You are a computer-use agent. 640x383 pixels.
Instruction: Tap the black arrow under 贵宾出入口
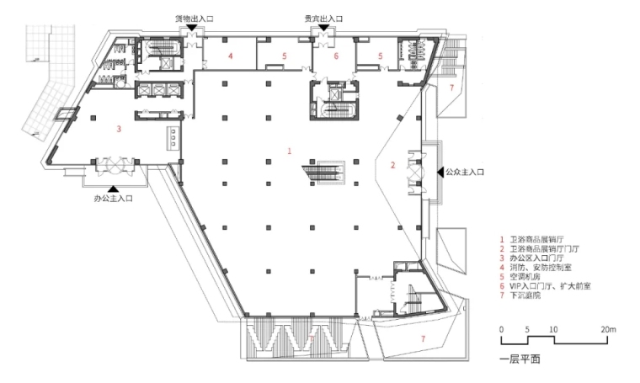click(324, 27)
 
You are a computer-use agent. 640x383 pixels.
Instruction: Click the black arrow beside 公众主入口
click(440, 172)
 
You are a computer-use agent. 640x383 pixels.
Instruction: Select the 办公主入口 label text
click(114, 199)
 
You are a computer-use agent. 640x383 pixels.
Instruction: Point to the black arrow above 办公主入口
click(114, 189)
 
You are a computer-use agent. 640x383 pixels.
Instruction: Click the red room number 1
click(290, 151)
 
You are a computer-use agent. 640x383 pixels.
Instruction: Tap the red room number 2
click(392, 165)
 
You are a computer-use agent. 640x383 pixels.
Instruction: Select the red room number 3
click(119, 129)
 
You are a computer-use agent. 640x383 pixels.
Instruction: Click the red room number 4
click(231, 56)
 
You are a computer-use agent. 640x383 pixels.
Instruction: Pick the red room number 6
click(336, 56)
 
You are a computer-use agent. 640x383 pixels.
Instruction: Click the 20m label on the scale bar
click(608, 330)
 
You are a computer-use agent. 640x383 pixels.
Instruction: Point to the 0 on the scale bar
click(502, 330)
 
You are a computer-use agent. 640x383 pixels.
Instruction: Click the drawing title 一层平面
click(520, 359)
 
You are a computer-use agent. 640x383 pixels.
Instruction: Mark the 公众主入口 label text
click(465, 172)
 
